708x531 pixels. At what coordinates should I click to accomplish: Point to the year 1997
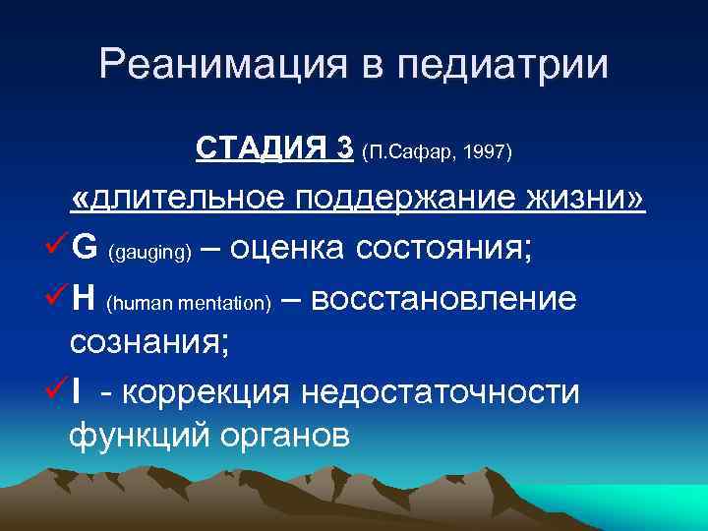click(x=486, y=151)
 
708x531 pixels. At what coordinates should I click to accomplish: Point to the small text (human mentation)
click(x=188, y=305)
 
